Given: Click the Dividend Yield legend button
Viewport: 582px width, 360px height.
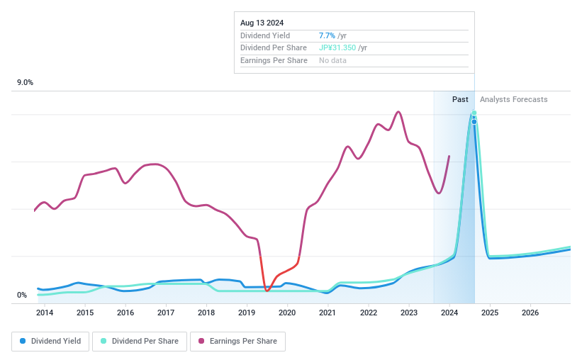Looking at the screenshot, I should click(51, 341).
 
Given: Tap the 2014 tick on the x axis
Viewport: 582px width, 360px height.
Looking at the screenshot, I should click(45, 313).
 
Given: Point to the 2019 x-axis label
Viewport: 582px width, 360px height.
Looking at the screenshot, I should click(247, 313).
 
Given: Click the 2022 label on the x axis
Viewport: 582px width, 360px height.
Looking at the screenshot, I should click(368, 313).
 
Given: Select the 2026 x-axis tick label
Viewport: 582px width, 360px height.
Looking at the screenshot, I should click(530, 313).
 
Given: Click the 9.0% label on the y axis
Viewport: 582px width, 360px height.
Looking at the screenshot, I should click(26, 83).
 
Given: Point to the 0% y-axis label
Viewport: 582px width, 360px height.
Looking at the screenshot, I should click(22, 295).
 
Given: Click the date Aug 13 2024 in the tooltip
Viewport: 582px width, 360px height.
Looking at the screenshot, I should click(262, 23).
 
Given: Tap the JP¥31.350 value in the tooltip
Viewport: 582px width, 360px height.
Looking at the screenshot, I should click(337, 48).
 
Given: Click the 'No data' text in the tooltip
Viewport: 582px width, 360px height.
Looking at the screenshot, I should click(332, 61).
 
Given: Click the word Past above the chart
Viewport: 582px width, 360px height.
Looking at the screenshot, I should click(460, 99).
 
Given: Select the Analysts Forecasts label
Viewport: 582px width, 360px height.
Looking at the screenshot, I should click(513, 99).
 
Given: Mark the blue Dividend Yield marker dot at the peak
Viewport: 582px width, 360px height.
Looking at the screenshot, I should click(474, 122).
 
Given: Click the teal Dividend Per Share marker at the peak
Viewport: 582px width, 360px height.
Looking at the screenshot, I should click(474, 113).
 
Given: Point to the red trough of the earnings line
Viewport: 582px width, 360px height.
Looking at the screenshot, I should click(267, 290).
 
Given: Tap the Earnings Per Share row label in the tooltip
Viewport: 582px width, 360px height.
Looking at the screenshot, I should click(274, 61).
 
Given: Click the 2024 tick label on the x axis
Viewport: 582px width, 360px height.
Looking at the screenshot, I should click(449, 313).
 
